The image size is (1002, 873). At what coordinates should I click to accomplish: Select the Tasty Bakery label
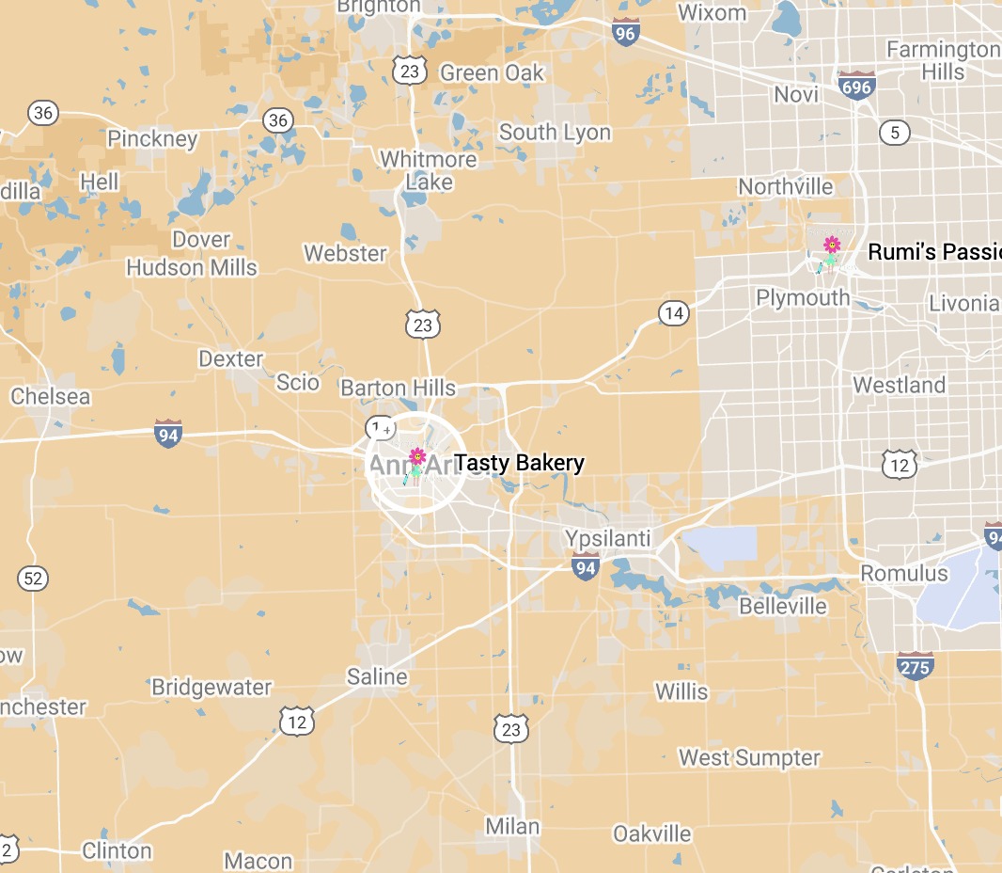(x=519, y=463)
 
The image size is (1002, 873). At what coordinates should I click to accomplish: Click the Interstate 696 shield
(x=857, y=86)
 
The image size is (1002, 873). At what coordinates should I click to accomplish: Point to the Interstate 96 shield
(x=625, y=31)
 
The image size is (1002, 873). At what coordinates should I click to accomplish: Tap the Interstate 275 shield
(x=915, y=666)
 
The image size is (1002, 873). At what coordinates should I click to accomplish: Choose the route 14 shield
(x=673, y=312)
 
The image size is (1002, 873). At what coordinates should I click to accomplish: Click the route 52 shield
(x=33, y=578)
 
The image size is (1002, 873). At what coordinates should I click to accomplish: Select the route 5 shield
(x=894, y=132)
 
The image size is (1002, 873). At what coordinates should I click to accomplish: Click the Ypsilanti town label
(x=607, y=538)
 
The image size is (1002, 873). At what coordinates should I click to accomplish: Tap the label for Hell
(x=100, y=182)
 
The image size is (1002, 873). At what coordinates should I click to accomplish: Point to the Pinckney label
(x=152, y=139)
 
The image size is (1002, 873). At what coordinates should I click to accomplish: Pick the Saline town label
(x=377, y=676)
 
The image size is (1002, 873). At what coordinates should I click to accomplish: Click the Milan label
(x=512, y=827)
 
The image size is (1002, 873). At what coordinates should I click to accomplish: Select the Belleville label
(x=783, y=606)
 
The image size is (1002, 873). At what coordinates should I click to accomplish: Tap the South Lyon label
(x=555, y=133)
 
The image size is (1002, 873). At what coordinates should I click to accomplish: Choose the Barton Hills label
(x=398, y=388)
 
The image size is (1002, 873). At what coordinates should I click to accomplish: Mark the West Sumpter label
(x=749, y=757)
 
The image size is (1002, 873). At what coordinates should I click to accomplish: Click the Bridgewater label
(x=211, y=688)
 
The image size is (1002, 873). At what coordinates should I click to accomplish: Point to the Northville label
(x=785, y=186)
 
